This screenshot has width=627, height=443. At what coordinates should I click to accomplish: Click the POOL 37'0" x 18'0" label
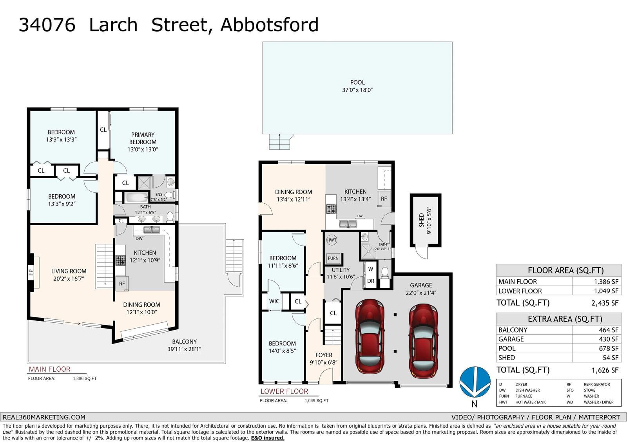pyautogui.click(x=357, y=86)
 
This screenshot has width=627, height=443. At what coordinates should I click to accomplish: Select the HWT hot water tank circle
pyautogui.click(x=332, y=240)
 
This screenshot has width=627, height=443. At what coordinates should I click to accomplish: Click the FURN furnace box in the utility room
pyautogui.click(x=333, y=258)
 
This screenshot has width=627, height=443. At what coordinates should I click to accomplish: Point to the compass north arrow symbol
pyautogui.click(x=475, y=382)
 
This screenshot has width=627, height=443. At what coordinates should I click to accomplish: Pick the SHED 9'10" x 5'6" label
pyautogui.click(x=425, y=220)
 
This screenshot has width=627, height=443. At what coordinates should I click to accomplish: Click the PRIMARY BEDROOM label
pyautogui.click(x=143, y=142)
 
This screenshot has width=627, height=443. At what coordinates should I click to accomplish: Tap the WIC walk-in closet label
pyautogui.click(x=274, y=301)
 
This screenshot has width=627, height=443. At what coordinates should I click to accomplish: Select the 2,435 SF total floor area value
pyautogui.click(x=605, y=303)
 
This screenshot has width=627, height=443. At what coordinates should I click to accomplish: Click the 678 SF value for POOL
pyautogui.click(x=609, y=349)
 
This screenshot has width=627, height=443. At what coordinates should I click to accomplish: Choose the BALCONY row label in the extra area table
pyautogui.click(x=513, y=330)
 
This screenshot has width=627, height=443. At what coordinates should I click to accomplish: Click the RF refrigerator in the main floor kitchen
pyautogui.click(x=122, y=284)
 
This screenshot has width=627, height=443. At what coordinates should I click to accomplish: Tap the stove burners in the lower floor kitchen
pyautogui.click(x=331, y=209)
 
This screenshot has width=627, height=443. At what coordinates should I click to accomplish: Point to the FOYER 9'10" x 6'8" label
pyautogui.click(x=324, y=359)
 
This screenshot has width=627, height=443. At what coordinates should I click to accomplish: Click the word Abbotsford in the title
pyautogui.click(x=270, y=25)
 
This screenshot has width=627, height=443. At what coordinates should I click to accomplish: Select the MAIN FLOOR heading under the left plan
pyautogui.click(x=49, y=369)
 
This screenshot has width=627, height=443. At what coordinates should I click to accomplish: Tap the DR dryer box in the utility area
pyautogui.click(x=371, y=281)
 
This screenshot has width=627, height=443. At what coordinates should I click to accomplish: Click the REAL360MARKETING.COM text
pyautogui.click(x=44, y=417)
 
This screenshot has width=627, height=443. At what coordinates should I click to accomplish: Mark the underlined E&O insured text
pyautogui.click(x=268, y=438)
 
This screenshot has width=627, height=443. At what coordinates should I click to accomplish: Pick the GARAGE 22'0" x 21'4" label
pyautogui.click(x=421, y=289)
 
